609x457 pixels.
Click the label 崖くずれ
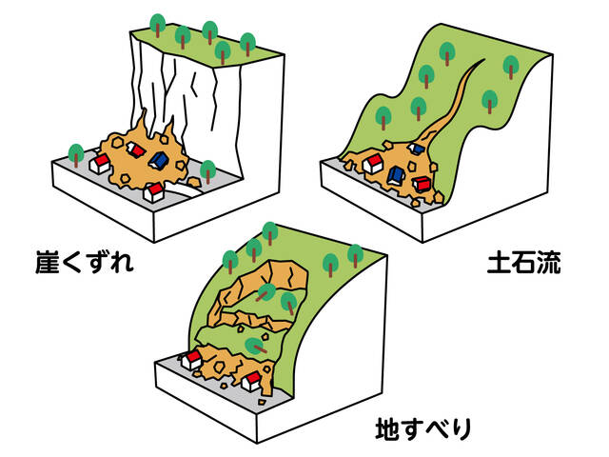(x=85, y=263)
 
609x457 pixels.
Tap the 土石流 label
(x=524, y=263)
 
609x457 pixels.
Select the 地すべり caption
(x=423, y=429)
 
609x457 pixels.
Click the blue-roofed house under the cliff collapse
(x=159, y=161)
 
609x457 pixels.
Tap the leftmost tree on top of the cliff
(x=158, y=25)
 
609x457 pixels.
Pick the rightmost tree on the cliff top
(x=247, y=44)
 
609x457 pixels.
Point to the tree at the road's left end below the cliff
(x=76, y=155)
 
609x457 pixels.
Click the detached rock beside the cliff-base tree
(x=194, y=182)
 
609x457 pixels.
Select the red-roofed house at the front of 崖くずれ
(x=154, y=192)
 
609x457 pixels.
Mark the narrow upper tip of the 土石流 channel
(x=483, y=60)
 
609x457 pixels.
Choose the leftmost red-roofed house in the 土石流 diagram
(x=373, y=163)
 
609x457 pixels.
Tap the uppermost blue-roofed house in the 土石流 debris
(x=416, y=149)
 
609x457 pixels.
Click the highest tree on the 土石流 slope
(x=447, y=53)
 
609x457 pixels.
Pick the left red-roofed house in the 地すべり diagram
(x=191, y=360)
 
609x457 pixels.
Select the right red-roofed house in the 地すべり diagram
(x=251, y=381)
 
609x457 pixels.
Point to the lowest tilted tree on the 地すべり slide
(x=256, y=346)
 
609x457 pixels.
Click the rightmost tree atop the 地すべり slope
(x=355, y=256)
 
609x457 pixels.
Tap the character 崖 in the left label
(x=47, y=263)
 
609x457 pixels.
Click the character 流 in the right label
(x=549, y=263)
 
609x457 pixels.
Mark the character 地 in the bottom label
(x=387, y=429)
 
